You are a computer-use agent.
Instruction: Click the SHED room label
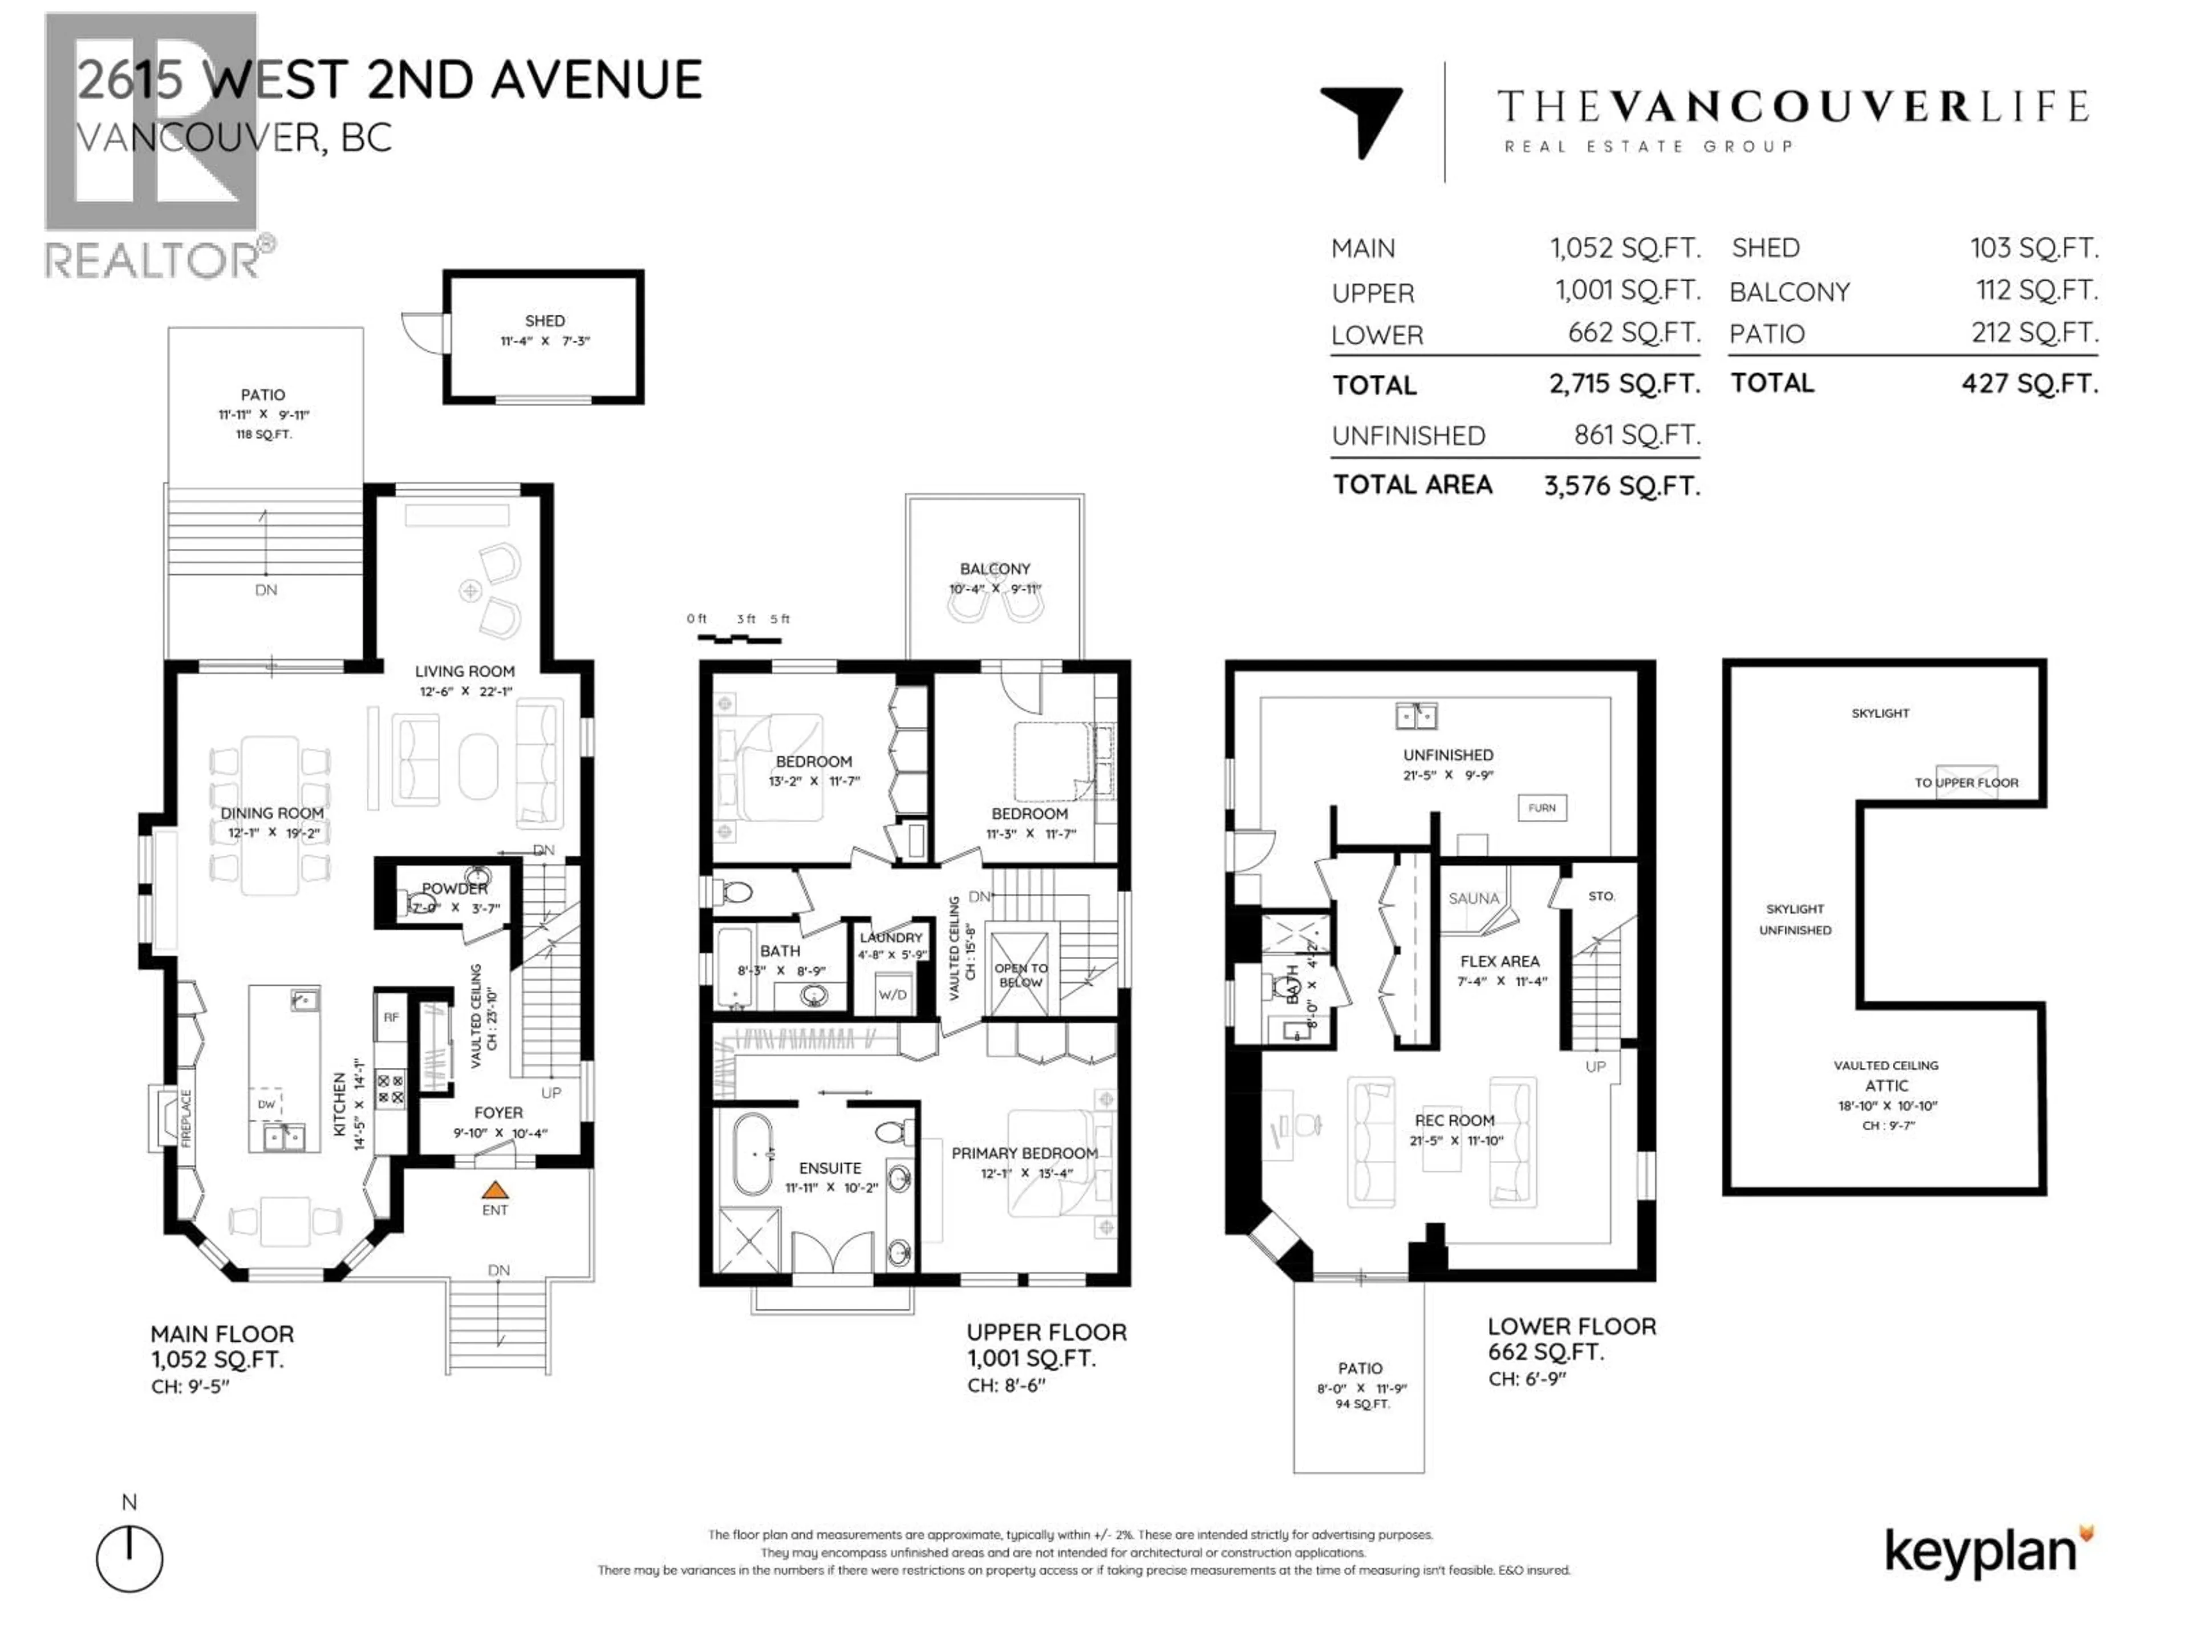(x=545, y=321)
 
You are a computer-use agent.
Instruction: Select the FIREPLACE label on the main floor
(x=186, y=1119)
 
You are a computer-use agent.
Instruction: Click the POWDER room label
(x=455, y=888)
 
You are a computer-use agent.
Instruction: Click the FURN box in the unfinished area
(x=1542, y=808)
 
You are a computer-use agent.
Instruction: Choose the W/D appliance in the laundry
(x=892, y=994)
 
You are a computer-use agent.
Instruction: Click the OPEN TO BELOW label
(x=1021, y=976)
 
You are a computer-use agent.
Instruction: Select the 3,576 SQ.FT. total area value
(x=1622, y=486)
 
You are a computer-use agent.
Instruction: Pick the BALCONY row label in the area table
(x=1789, y=292)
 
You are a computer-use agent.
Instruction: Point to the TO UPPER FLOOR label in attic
(x=1965, y=782)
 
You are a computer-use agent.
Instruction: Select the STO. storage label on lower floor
(x=1601, y=896)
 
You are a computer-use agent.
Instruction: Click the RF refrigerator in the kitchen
(x=391, y=1017)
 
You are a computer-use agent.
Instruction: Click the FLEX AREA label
(x=1499, y=962)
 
